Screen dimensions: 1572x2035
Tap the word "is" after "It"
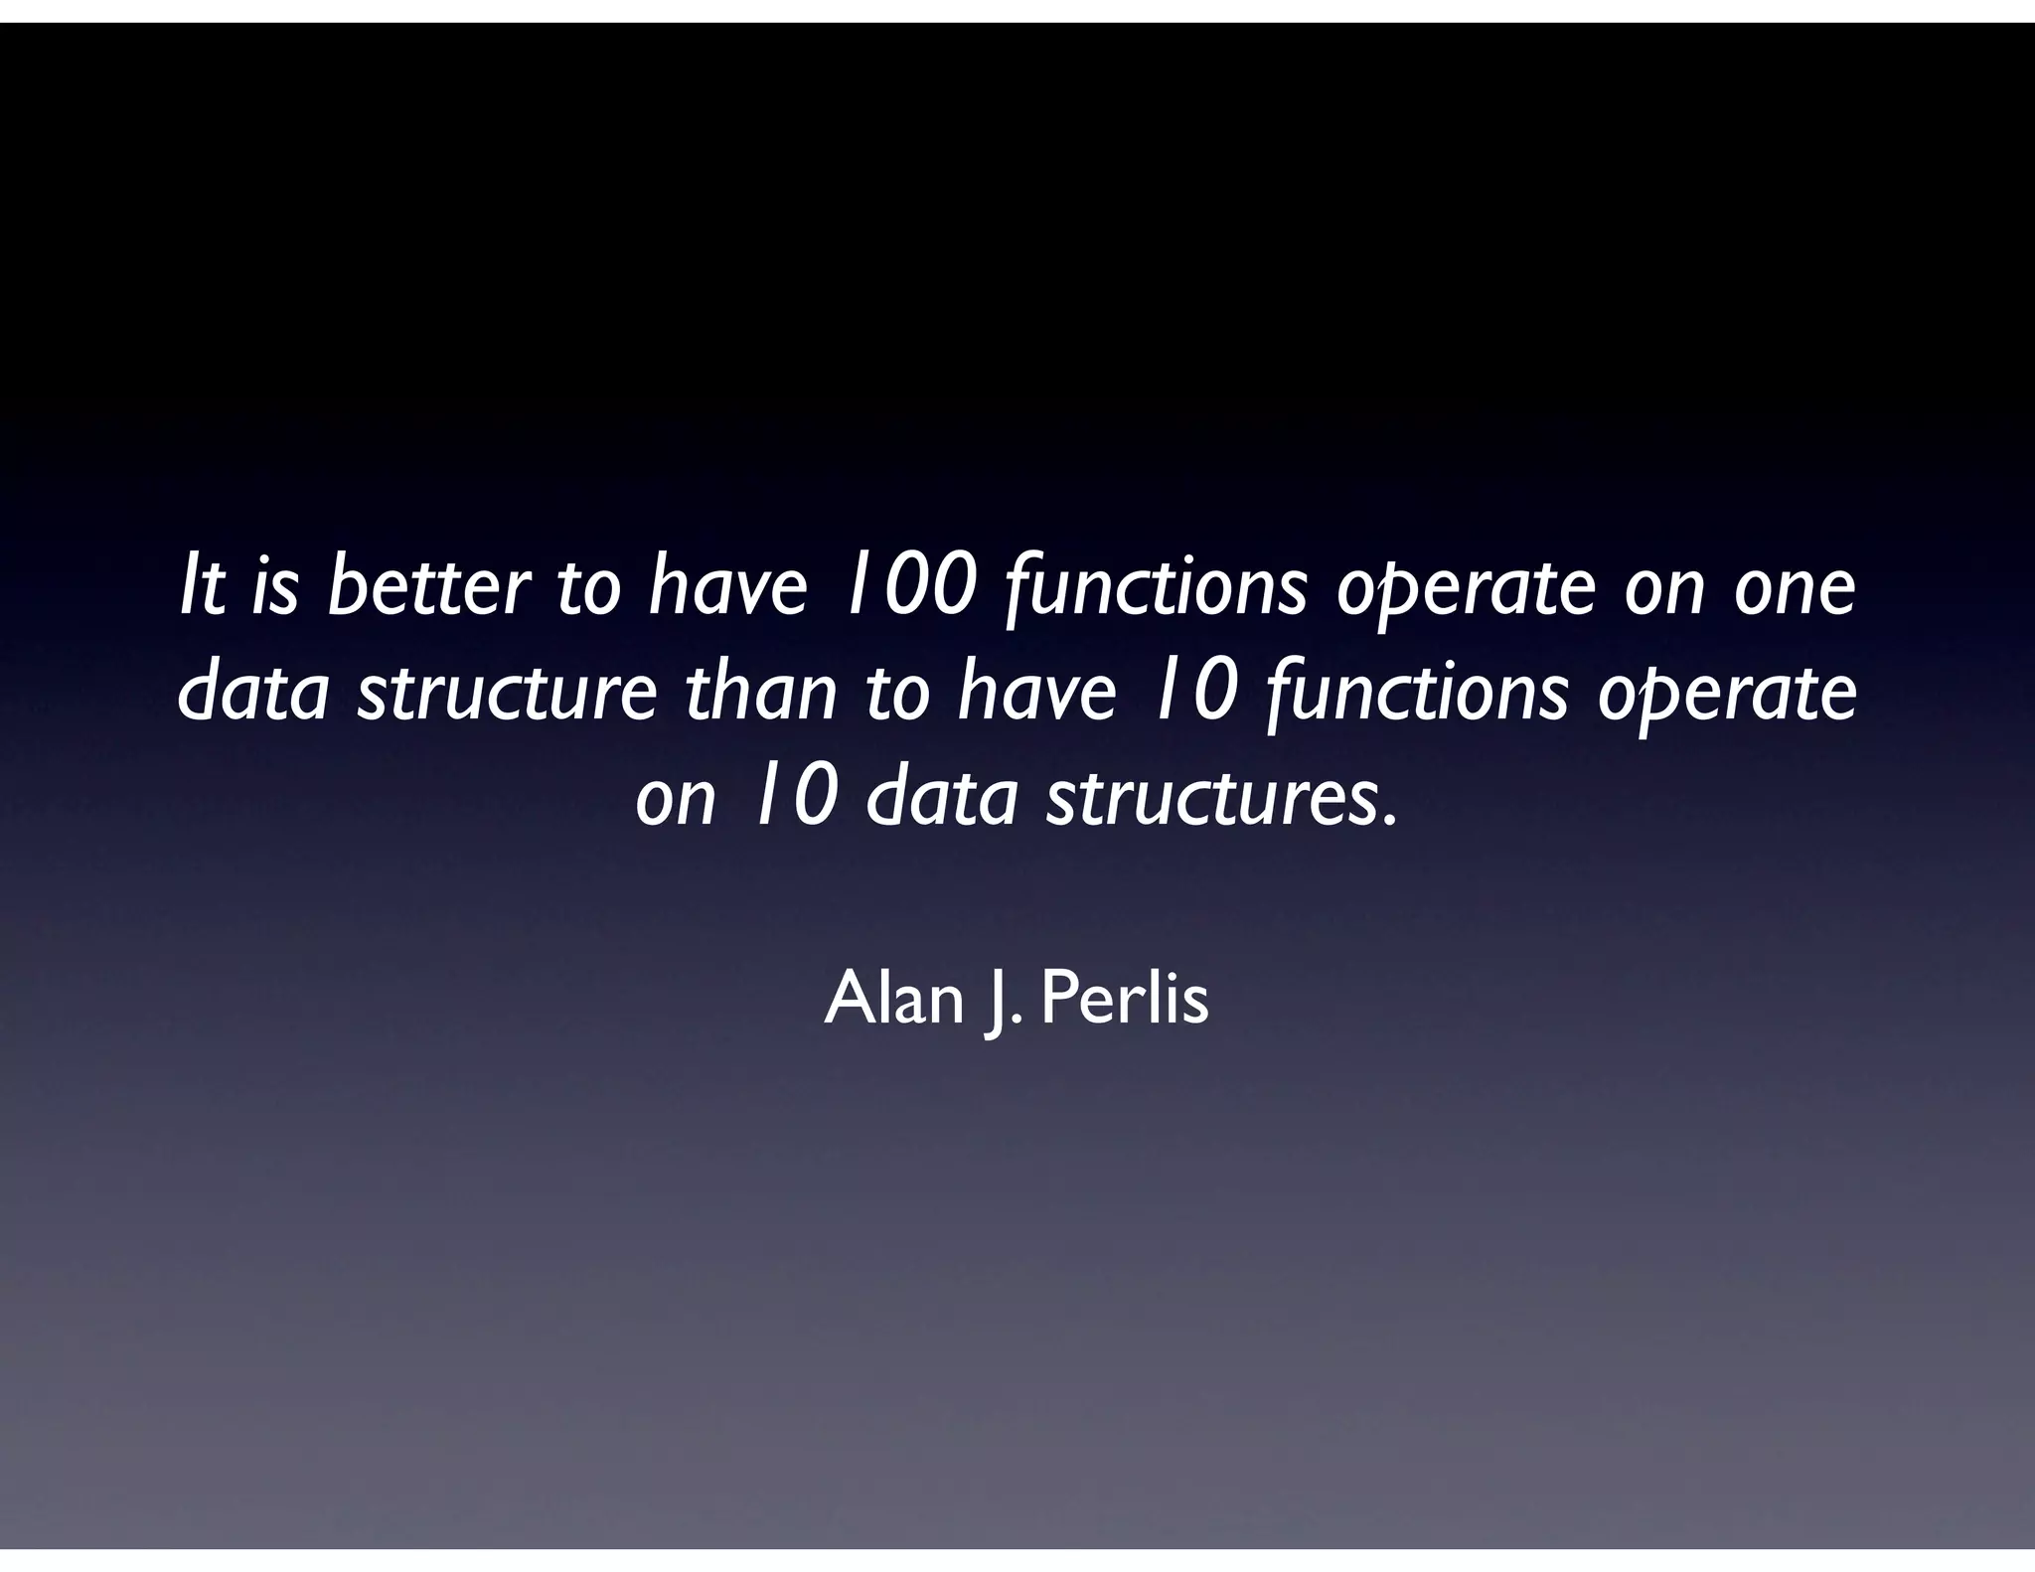[x=274, y=588]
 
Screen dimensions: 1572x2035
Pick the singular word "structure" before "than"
[x=506, y=695]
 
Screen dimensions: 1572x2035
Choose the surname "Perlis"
[x=1125, y=1000]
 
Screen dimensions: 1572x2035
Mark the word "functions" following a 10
[x=1418, y=695]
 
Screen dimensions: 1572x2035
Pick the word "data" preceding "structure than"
[x=253, y=695]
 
